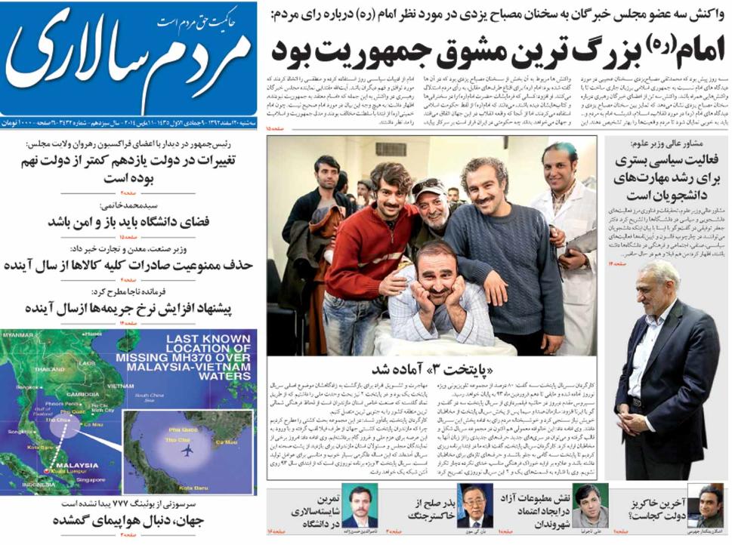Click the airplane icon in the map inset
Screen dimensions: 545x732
tap(187, 450)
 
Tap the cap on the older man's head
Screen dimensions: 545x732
tap(428, 186)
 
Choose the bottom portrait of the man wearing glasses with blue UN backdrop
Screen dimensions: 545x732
tap(475, 505)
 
